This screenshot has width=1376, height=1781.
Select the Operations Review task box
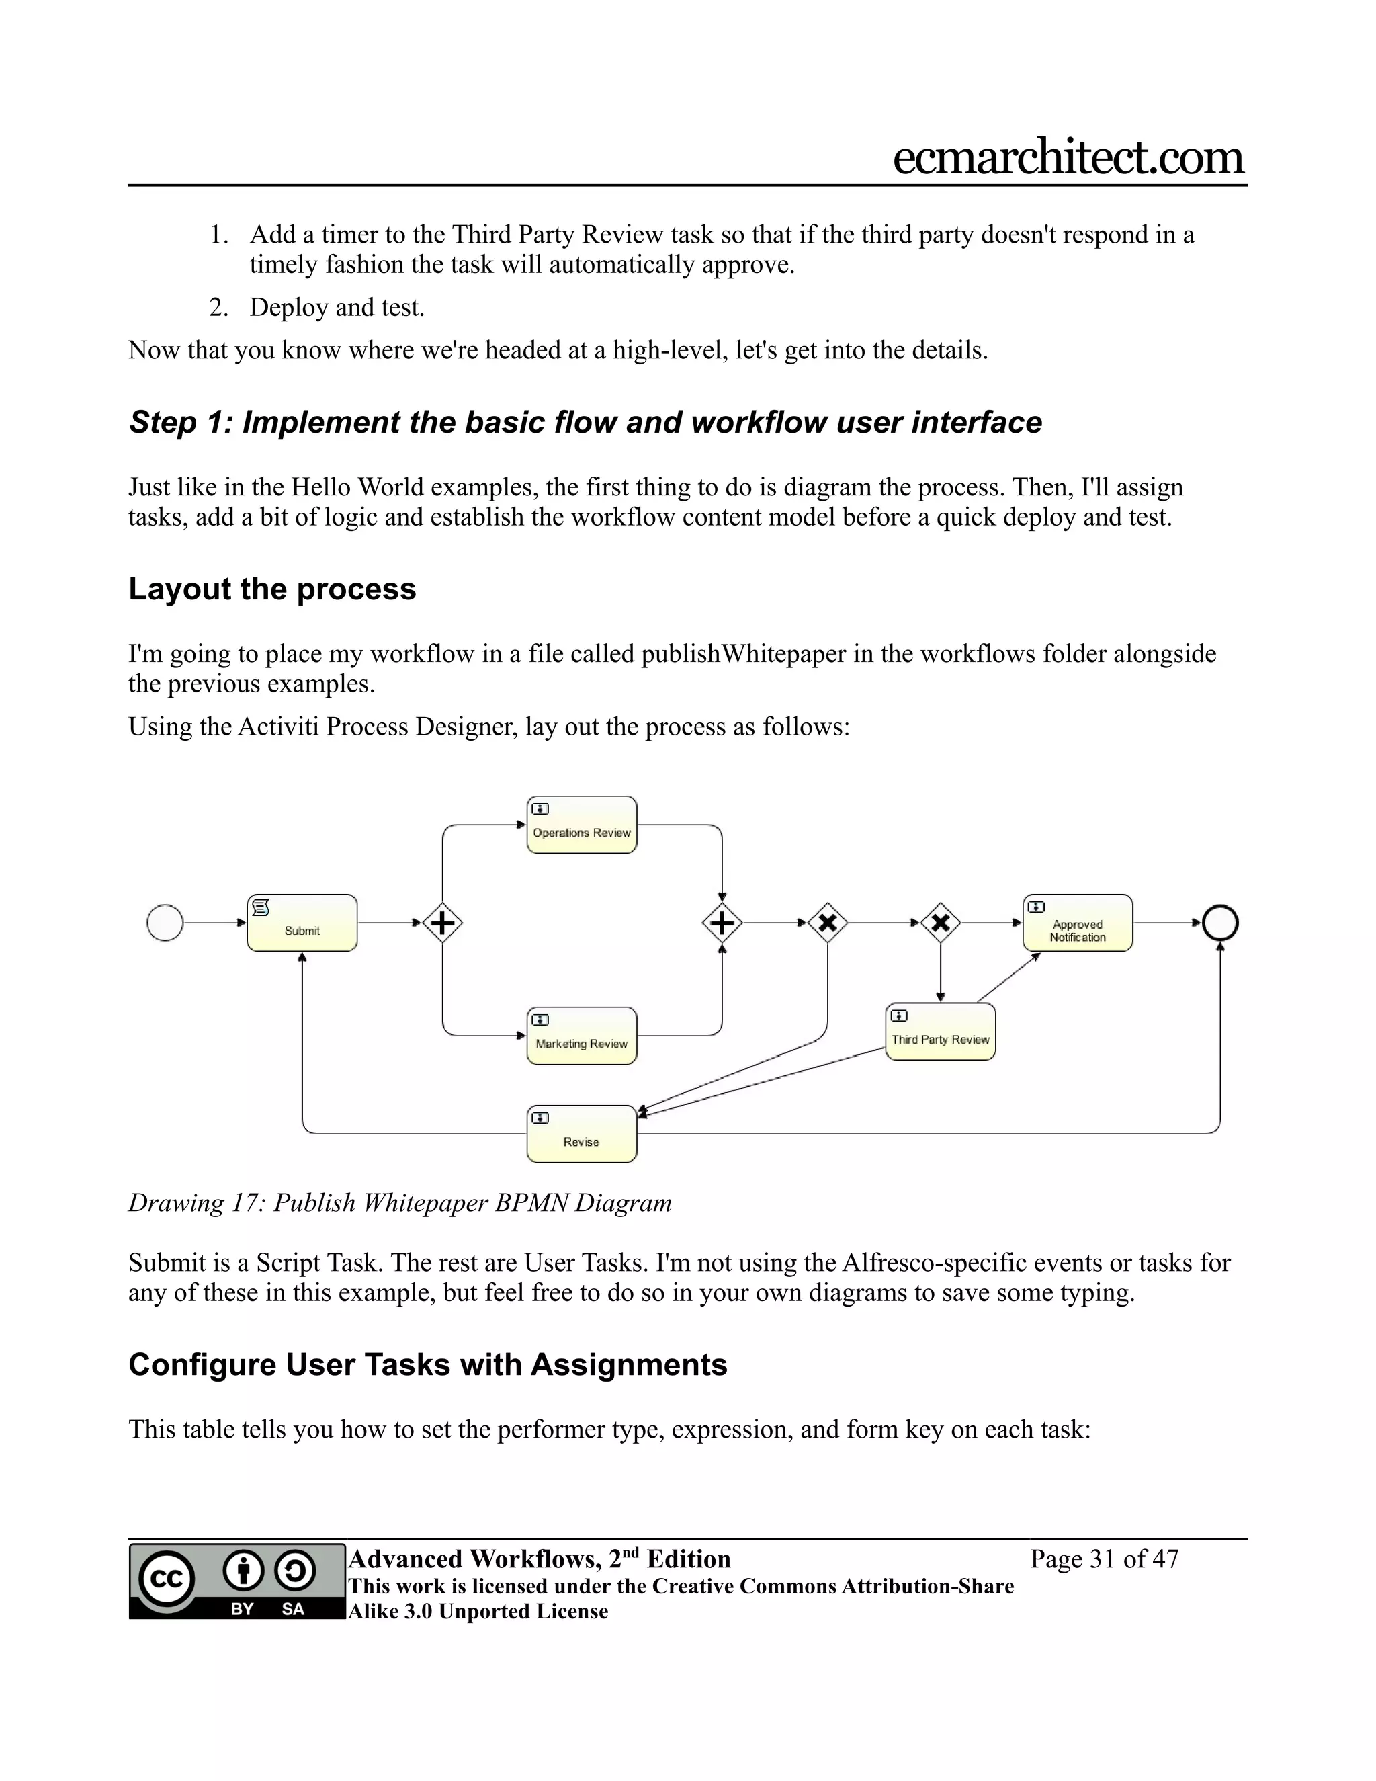(581, 825)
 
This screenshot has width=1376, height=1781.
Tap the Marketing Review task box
(581, 1036)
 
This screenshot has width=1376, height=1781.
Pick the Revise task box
(581, 1134)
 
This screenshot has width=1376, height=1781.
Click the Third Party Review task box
(940, 1032)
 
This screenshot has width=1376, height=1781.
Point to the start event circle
(165, 923)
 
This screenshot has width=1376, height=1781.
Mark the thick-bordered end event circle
(1219, 923)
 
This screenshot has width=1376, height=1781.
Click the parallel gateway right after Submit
(443, 923)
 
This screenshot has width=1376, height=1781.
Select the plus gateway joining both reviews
(722, 923)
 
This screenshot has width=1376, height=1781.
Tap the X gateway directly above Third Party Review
(940, 923)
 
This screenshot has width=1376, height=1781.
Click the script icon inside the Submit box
(261, 907)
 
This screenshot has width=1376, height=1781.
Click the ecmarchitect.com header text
(1068, 157)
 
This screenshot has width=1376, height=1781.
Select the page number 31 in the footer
(1102, 1559)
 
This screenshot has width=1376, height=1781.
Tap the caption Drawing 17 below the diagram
(199, 1203)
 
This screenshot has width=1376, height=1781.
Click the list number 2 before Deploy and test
(218, 307)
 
